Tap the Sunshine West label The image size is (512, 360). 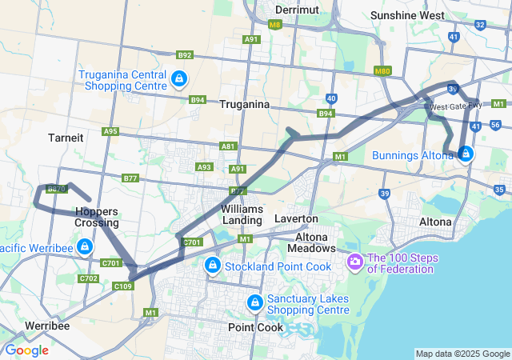coord(408,15)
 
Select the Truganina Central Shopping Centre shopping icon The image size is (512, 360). coord(179,79)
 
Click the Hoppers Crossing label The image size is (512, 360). coord(96,217)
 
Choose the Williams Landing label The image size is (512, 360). coord(241,214)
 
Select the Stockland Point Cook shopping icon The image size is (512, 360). coord(212,265)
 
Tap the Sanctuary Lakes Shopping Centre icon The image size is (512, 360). coord(255,302)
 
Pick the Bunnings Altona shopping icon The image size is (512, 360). coord(465,154)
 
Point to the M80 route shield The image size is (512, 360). coord(382,72)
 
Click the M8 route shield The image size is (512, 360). coord(275,25)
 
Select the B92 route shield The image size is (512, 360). coord(185,55)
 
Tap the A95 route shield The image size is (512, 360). coord(110,131)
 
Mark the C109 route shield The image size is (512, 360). coord(122,286)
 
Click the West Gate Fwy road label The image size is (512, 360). coord(455,106)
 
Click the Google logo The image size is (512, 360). coord(26,350)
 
